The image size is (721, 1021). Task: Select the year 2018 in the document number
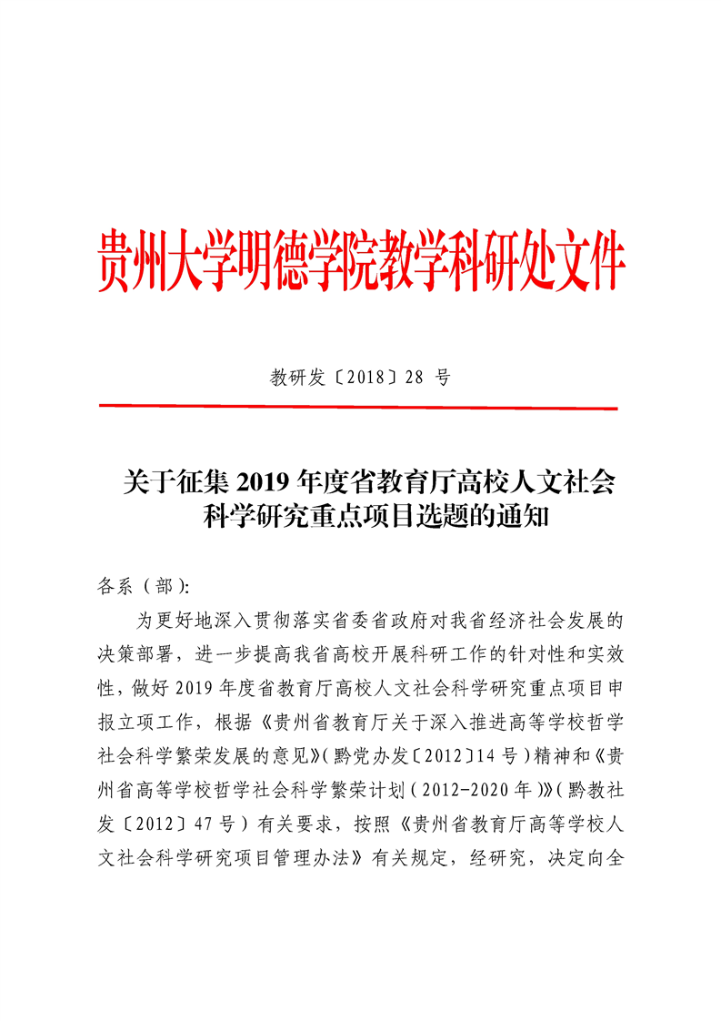pos(366,378)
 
